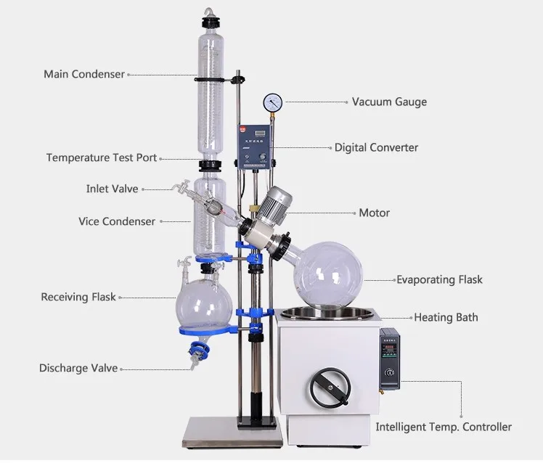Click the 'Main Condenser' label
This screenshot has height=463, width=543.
pyautogui.click(x=84, y=74)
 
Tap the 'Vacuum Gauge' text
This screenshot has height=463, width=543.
pyautogui.click(x=389, y=102)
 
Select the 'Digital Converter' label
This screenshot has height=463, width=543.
pyautogui.click(x=376, y=147)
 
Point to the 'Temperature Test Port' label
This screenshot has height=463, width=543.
pyautogui.click(x=101, y=158)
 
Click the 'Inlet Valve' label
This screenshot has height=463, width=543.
pyautogui.click(x=112, y=189)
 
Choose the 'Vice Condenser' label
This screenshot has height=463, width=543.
pyautogui.click(x=117, y=221)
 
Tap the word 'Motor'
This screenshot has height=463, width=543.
pyautogui.click(x=374, y=213)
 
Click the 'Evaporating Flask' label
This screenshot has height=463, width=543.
pyautogui.click(x=438, y=279)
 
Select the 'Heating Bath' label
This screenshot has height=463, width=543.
pyautogui.click(x=446, y=318)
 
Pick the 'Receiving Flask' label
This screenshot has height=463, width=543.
pyautogui.click(x=78, y=297)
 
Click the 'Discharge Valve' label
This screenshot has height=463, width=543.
pyautogui.click(x=78, y=369)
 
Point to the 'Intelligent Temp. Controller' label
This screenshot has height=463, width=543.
pyautogui.click(x=444, y=427)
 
